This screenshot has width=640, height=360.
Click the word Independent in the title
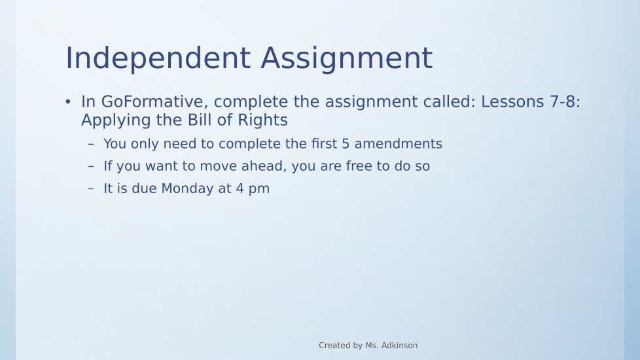tap(158, 59)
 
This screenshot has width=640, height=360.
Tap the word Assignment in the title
tap(347, 59)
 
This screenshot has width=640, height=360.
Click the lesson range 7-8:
tap(565, 101)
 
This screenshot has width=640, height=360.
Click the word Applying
tap(116, 120)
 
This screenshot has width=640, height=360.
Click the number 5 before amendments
tap(346, 144)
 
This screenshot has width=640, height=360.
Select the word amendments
tap(399, 144)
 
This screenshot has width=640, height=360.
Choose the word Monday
tap(187, 189)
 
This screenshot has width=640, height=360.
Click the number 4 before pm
tap(240, 189)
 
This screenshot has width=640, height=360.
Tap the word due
tap(144, 189)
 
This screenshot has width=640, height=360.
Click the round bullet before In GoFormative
tap(68, 101)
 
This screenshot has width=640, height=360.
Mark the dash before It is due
tap(90, 189)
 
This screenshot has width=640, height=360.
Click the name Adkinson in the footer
tap(399, 346)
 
